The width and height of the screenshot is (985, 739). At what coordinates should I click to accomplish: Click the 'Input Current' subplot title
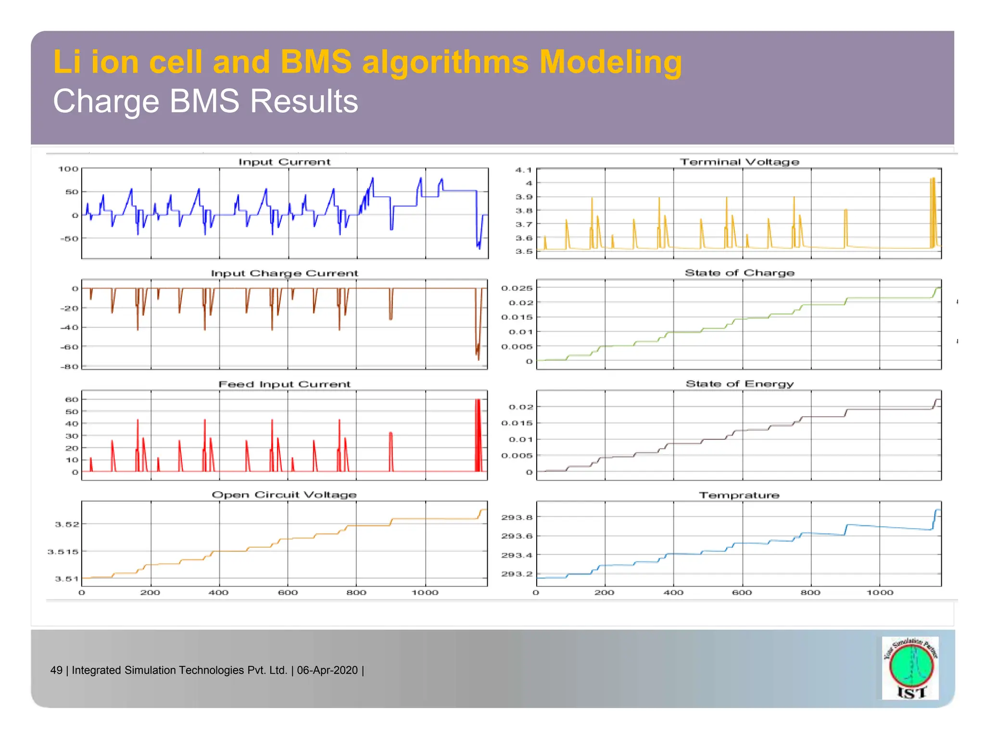click(284, 162)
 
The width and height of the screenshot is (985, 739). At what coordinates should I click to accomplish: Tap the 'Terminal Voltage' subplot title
click(739, 162)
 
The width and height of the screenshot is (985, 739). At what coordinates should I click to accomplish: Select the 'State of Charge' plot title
click(739, 273)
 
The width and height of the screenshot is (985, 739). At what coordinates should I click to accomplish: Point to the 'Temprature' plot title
click(739, 495)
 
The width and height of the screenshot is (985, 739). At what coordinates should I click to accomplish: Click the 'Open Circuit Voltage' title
click(284, 495)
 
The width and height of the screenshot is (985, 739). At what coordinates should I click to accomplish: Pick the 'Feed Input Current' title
click(284, 384)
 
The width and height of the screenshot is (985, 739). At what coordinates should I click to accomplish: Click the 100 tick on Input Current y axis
click(68, 169)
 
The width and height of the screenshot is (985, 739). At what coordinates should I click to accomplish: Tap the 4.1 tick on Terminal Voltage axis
click(523, 170)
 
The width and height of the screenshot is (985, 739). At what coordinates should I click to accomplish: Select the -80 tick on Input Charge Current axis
click(69, 367)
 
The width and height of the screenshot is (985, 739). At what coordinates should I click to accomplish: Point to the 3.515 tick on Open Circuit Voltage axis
click(63, 551)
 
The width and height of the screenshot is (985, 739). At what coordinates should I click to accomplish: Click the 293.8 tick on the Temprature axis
click(517, 517)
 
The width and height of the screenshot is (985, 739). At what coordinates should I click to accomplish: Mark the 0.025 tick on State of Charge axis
click(517, 288)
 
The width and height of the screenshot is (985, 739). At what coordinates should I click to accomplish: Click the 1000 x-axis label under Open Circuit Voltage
click(425, 593)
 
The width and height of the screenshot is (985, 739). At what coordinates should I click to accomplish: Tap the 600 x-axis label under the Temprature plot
click(742, 593)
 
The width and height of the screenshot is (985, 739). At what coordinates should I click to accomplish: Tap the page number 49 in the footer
click(56, 670)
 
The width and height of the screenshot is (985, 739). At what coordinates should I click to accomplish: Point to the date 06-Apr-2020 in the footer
click(328, 670)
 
